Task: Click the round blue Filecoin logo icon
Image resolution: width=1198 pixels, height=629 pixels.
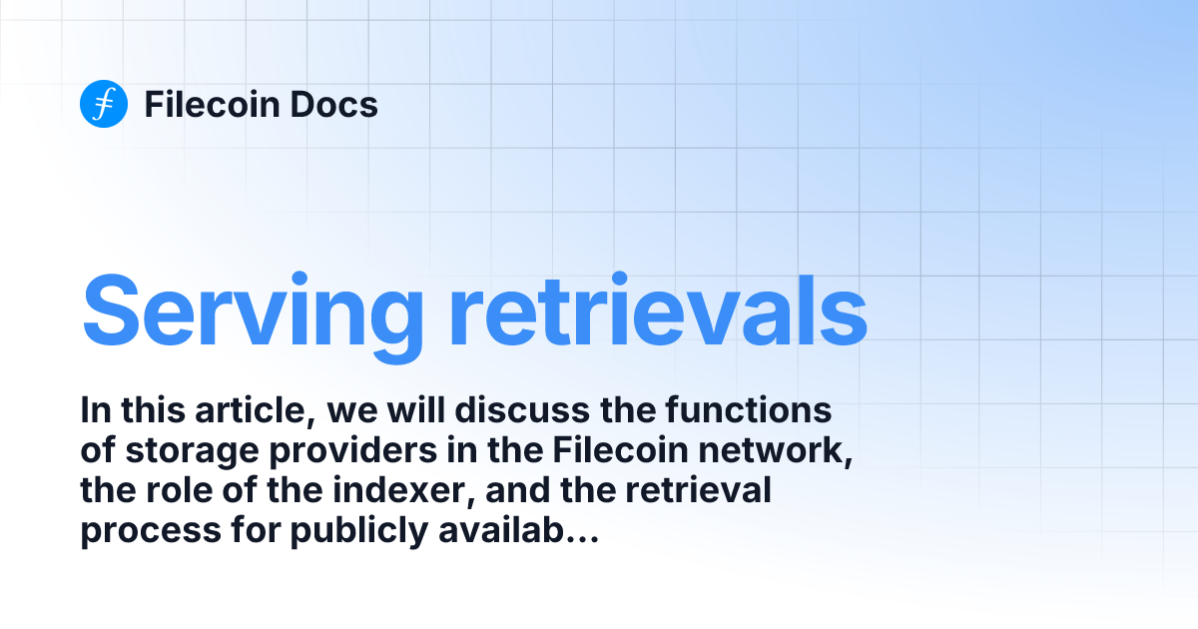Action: pos(104,104)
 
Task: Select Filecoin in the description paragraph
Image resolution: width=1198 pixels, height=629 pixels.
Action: pos(608,451)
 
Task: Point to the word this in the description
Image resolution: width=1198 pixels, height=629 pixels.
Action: pos(152,410)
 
